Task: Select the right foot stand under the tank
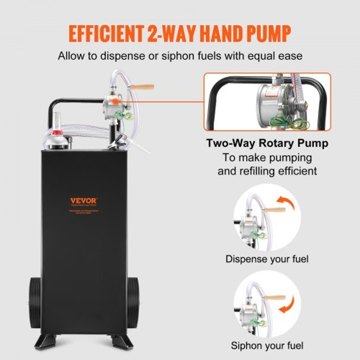pos(122,342)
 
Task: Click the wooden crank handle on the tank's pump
pos(142,87)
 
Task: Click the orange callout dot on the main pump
pos(115,102)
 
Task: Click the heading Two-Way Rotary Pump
pos(267,143)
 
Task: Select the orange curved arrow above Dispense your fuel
pos(286,203)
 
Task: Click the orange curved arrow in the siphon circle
pos(286,305)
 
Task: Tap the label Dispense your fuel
pos(267,259)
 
